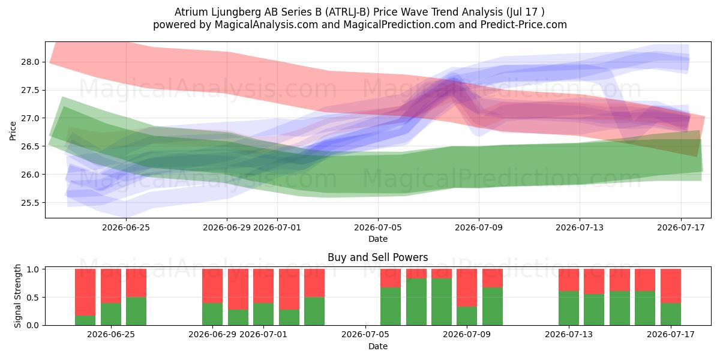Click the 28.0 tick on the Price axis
tap(30, 62)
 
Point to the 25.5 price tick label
tap(30, 203)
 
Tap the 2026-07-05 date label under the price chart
tap(378, 227)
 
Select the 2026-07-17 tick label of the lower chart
tap(671, 334)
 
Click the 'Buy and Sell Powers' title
tap(377, 257)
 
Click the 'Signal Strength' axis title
tap(17, 296)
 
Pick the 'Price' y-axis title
tap(13, 131)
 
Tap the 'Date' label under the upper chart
tap(378, 239)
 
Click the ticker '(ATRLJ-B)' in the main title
tap(347, 12)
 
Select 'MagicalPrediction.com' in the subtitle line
tap(399, 25)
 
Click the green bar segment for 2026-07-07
tap(416, 302)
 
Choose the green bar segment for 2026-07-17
tap(671, 314)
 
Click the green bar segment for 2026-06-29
tap(212, 314)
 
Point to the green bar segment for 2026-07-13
tap(569, 308)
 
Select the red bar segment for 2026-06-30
tap(238, 289)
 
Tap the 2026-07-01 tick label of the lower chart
tap(263, 334)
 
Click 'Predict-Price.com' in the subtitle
tap(524, 25)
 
